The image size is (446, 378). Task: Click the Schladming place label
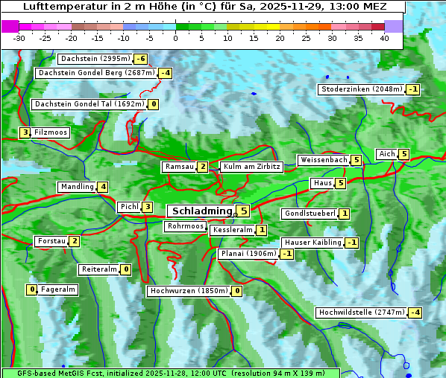click(202, 211)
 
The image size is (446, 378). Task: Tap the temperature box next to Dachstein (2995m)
click(141, 59)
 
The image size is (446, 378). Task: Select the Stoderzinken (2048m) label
click(361, 89)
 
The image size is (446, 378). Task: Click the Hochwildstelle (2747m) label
click(361, 313)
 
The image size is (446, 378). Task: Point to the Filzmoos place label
click(50, 132)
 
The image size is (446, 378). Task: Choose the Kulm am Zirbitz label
click(251, 167)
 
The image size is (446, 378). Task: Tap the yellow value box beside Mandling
click(103, 187)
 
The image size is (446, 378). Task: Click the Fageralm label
click(58, 289)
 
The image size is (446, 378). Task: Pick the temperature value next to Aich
click(404, 154)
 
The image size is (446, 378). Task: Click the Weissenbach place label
click(324, 160)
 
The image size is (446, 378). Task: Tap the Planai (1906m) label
click(248, 254)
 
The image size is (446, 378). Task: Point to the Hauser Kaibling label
click(312, 243)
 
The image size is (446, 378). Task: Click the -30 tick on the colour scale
click(19, 38)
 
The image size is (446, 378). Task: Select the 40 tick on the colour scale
click(384, 38)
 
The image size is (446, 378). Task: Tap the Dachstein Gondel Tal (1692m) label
click(89, 104)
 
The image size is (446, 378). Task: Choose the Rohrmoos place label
click(185, 226)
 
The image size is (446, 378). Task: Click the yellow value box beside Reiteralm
click(126, 269)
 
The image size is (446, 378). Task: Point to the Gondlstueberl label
click(310, 214)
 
